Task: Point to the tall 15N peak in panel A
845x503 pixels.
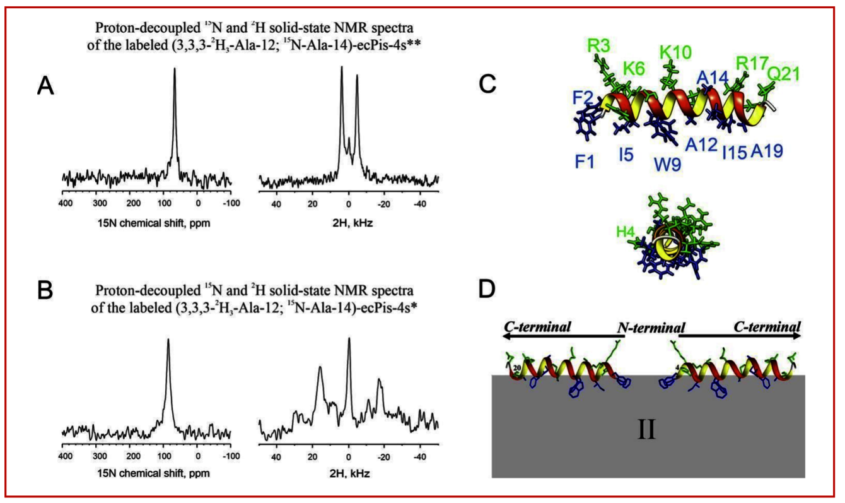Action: pos(175,73)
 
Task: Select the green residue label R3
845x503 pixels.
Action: pos(598,45)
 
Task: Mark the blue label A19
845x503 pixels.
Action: pos(768,152)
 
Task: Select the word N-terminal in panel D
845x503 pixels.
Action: pos(650,328)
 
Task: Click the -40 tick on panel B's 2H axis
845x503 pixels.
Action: pos(419,456)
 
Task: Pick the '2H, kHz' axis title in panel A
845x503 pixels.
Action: pos(349,223)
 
